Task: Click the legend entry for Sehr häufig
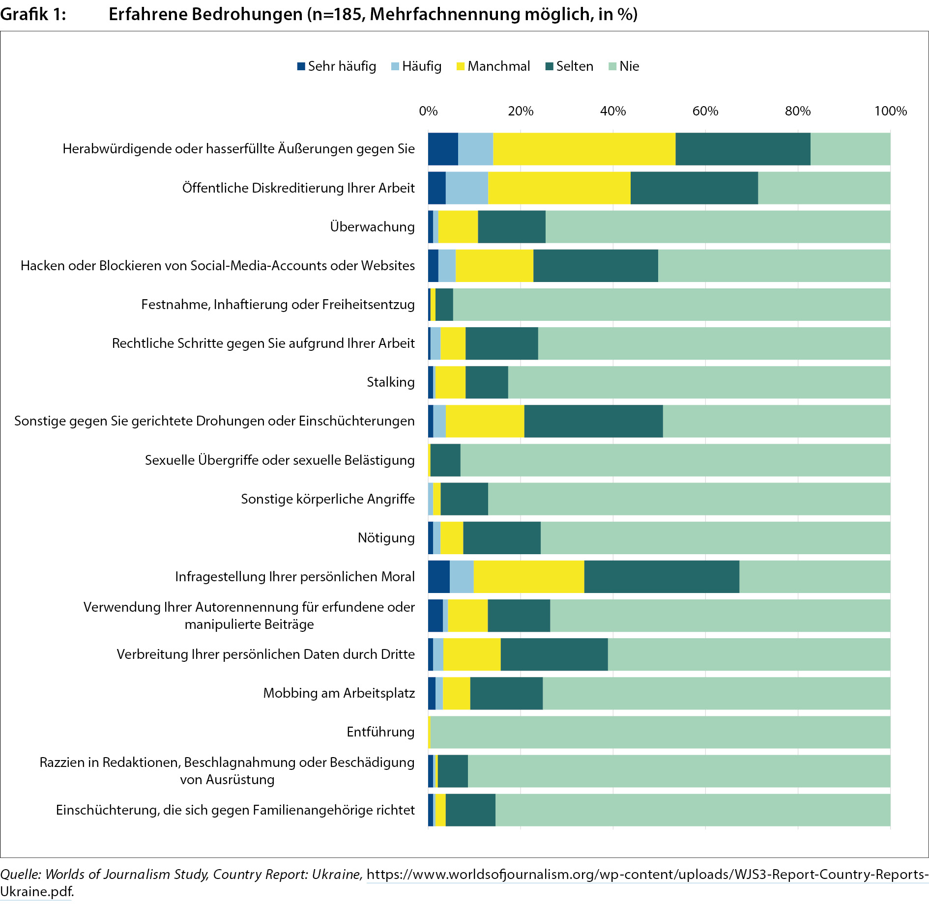pos(337,66)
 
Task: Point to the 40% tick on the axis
pos(613,111)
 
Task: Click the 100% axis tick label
pos(890,111)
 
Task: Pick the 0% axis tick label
pos(428,111)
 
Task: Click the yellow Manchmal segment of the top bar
pos(584,149)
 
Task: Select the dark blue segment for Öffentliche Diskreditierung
pos(437,188)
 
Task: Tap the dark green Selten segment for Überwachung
pos(511,226)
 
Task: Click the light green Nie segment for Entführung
pos(660,732)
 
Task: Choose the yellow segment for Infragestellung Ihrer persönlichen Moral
pos(528,577)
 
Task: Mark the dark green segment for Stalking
pos(487,382)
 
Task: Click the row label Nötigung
pos(386,538)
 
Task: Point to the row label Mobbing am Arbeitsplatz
pos(339,693)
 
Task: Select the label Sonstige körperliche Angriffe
pos(327,499)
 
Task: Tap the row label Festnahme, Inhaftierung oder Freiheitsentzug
pos(278,305)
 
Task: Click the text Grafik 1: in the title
pos(33,14)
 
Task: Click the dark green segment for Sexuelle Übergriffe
pos(445,460)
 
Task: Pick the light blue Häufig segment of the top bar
pos(475,149)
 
